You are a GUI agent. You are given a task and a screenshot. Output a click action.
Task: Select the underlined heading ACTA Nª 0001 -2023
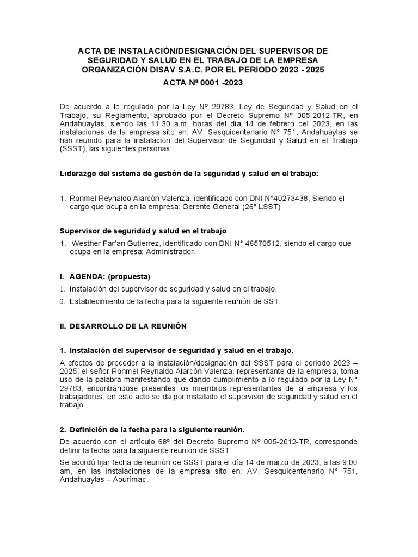tap(203, 83)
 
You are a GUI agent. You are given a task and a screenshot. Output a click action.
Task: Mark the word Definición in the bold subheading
tap(90, 429)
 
